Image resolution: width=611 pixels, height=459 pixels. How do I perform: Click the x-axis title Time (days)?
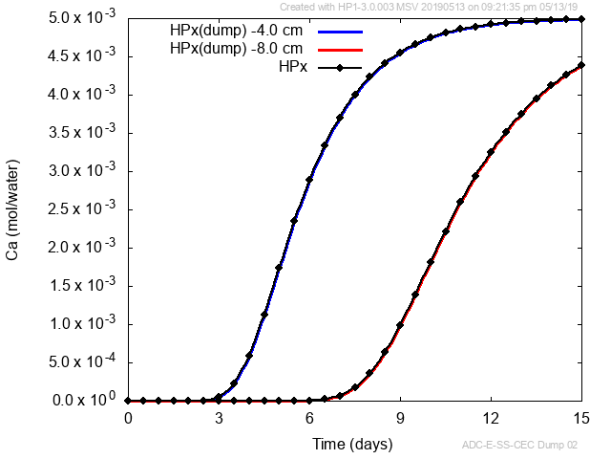click(354, 444)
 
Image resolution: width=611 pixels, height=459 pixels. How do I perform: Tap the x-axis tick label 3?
click(219, 419)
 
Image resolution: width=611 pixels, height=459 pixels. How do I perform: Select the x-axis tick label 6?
click(309, 419)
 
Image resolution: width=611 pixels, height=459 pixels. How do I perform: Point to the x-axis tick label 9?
click(400, 419)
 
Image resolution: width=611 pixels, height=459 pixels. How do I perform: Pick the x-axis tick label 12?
click(491, 419)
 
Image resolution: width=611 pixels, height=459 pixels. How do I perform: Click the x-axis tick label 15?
click(580, 419)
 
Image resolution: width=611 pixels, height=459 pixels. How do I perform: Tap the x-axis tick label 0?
click(128, 419)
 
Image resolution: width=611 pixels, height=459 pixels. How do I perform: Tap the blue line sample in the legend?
click(341, 31)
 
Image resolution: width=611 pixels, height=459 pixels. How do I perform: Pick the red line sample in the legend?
click(341, 49)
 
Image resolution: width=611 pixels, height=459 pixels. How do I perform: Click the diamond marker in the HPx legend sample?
click(341, 67)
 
